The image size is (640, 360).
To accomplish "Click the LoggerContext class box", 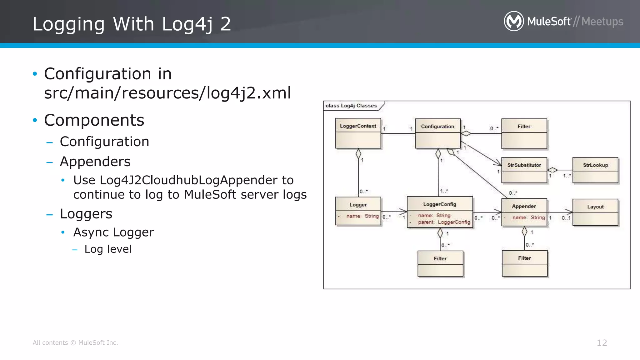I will [x=358, y=133].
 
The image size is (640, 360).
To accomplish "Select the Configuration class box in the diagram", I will [x=437, y=133].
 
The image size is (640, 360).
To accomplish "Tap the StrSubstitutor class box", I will [x=524, y=170].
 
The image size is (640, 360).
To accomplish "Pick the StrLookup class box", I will [x=595, y=170].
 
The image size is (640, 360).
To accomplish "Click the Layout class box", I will [x=595, y=212].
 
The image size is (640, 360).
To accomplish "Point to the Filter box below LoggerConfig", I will [x=440, y=263].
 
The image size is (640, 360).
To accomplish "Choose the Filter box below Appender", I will [x=524, y=263].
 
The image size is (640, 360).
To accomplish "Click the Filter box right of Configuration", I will [x=524, y=133].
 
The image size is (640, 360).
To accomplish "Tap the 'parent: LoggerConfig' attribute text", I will [x=444, y=222].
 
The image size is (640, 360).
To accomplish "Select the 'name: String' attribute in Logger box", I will [x=362, y=216].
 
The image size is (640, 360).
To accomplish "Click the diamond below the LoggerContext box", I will [x=358, y=154].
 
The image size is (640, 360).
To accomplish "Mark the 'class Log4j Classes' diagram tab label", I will [x=351, y=106].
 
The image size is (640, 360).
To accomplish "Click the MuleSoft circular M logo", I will [x=514, y=21].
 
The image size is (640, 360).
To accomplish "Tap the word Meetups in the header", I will [x=602, y=22].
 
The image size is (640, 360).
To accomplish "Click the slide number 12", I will [x=602, y=343].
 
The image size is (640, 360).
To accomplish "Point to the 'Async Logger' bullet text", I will [x=113, y=232].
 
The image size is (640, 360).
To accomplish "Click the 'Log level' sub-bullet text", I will [x=108, y=249].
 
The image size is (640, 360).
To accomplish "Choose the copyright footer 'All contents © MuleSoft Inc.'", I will [x=75, y=343].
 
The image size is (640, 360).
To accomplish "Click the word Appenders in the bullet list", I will [x=95, y=162].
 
